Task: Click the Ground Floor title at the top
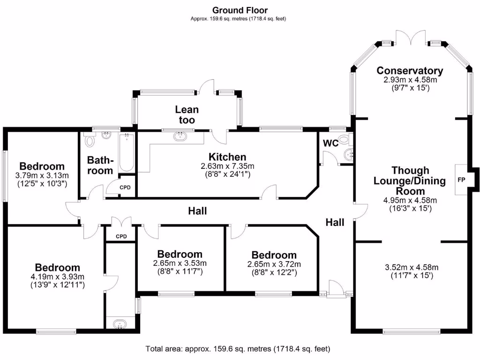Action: pos(240,10)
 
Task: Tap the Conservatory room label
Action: pos(410,71)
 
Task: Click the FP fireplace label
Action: pos(461,180)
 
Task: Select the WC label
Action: pos(331,143)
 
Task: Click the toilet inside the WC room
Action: pos(344,139)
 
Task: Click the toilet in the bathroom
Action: pos(90,140)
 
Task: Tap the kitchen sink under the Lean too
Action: pos(180,136)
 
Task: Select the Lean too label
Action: pos(187,115)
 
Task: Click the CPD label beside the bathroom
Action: pos(125,187)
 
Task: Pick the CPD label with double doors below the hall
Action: pos(121,236)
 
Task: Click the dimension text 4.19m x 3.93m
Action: pos(58,277)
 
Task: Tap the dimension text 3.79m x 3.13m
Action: pos(42,176)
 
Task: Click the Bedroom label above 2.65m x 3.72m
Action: pos(274,255)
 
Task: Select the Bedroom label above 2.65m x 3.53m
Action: pos(180,255)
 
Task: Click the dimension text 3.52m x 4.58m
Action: pos(411,268)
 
